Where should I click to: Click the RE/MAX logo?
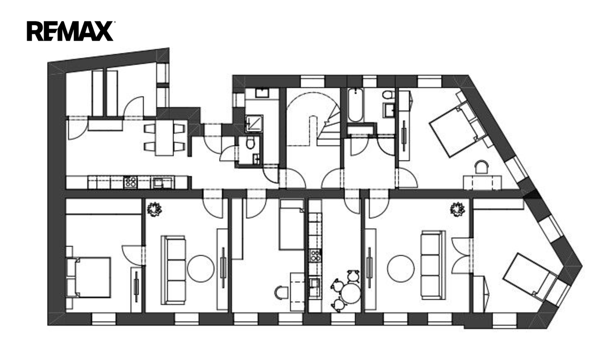(x=70, y=31)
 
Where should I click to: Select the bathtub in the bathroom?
(x=356, y=105)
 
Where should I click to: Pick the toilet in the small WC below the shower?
(x=250, y=142)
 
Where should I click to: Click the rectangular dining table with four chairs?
(x=165, y=138)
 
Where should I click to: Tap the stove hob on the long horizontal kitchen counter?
(x=130, y=182)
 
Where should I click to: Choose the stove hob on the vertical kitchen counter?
(x=315, y=255)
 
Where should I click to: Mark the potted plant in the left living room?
(x=154, y=209)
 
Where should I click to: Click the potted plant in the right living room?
(x=457, y=209)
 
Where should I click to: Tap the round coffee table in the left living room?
(x=201, y=268)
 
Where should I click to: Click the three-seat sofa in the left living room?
(x=174, y=270)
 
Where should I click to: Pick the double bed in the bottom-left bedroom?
(x=88, y=277)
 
